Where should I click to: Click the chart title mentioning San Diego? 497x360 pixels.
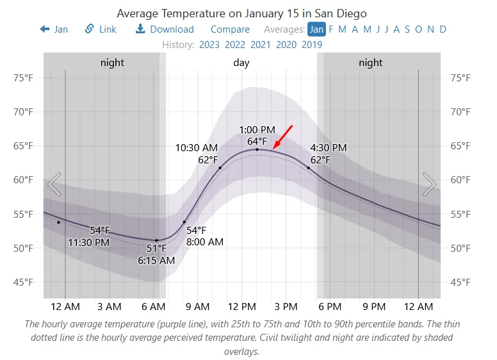(241, 13)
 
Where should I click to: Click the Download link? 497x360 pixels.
(165, 29)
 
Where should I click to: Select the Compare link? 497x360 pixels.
(230, 29)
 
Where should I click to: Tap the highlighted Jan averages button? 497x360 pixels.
(316, 29)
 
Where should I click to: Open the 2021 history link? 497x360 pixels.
(261, 45)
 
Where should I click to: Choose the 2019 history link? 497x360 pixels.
(312, 45)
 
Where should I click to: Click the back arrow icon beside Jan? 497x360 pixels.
(45, 29)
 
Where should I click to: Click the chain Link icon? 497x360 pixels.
(90, 29)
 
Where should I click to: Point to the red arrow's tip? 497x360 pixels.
(273, 148)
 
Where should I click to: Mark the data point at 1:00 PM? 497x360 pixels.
(257, 149)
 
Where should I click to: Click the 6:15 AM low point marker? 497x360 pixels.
(156, 240)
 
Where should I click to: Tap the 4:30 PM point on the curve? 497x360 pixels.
(309, 168)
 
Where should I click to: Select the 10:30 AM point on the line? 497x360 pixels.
(220, 168)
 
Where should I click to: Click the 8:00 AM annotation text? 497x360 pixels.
(205, 241)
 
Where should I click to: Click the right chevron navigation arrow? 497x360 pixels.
(429, 184)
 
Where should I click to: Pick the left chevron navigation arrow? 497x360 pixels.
(54, 184)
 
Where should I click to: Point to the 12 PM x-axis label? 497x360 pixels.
(242, 306)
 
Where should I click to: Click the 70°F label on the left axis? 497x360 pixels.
(23, 112)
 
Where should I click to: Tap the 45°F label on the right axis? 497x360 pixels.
(460, 282)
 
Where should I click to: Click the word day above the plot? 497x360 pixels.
(241, 63)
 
